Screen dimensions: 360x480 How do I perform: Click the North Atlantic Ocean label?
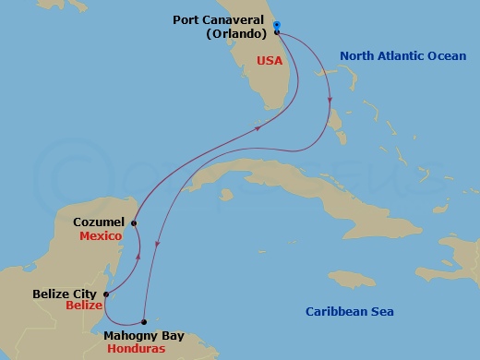point(402,56)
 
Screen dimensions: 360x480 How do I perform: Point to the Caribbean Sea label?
point(350,312)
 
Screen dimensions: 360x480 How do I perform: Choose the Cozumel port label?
point(99,222)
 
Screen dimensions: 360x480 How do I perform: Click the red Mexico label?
point(102,236)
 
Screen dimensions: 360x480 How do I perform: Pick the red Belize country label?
point(84,306)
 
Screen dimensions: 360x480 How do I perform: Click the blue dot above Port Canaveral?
point(277,25)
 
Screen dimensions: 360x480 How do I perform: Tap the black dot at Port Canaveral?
point(277,32)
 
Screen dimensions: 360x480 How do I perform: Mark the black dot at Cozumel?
point(134,222)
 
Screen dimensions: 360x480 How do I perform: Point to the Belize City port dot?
point(105,295)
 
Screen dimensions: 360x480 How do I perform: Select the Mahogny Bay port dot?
point(144,322)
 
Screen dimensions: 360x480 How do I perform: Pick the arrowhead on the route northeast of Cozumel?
point(256,127)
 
